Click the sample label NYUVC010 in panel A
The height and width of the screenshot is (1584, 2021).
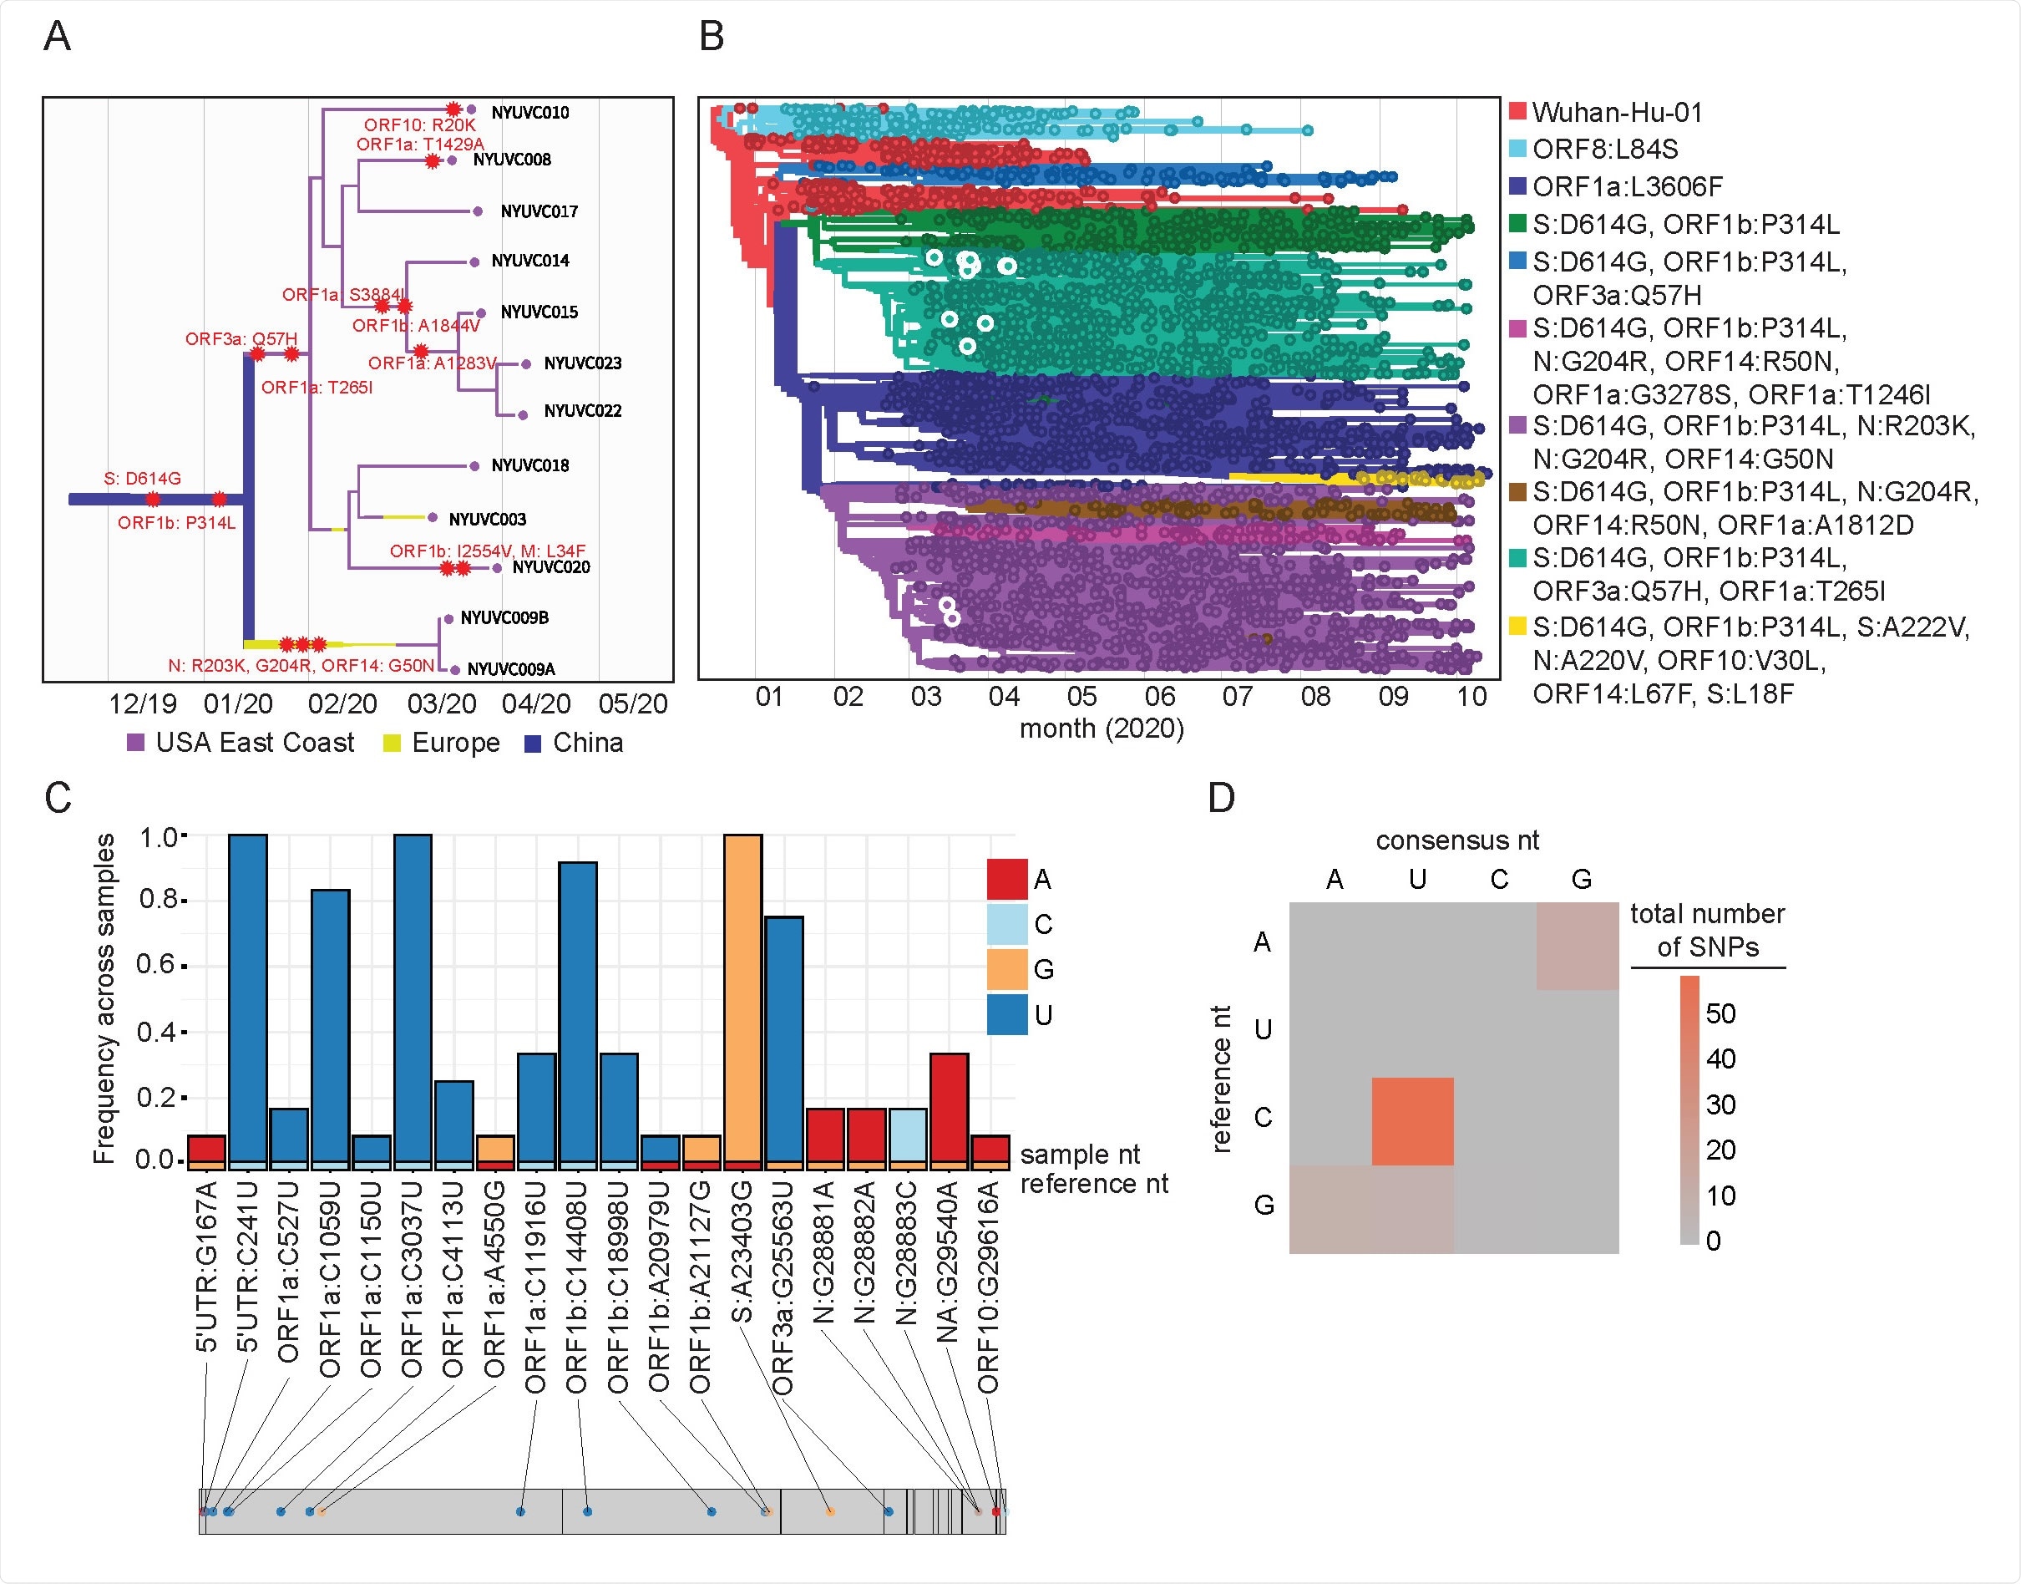(x=529, y=112)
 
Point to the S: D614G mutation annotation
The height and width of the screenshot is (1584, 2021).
(x=142, y=479)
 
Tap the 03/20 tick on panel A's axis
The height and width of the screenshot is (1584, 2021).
(x=441, y=704)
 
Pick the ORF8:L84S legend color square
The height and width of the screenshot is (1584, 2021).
(x=1517, y=150)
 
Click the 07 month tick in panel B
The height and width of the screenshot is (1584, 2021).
(x=1237, y=697)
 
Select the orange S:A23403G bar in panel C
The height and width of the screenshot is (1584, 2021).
(x=742, y=997)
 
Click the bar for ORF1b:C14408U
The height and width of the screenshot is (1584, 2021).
(x=578, y=1011)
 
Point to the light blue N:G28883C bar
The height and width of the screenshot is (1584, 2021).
(x=908, y=1135)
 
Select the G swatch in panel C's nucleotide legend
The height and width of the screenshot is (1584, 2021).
(x=1007, y=969)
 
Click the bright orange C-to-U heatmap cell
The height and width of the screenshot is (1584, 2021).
(x=1412, y=1121)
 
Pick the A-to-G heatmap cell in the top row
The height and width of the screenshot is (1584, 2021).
(x=1577, y=947)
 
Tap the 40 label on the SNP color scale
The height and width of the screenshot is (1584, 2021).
(x=1720, y=1059)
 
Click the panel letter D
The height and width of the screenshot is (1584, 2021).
(x=1221, y=798)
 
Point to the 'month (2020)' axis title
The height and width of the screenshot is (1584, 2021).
(x=1102, y=729)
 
